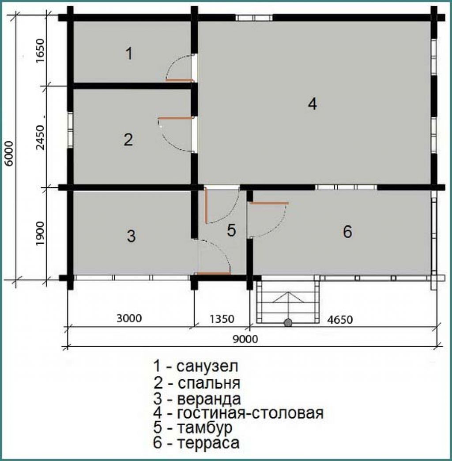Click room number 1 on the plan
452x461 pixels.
(129, 53)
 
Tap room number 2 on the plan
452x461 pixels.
(128, 140)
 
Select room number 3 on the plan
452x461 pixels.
(131, 236)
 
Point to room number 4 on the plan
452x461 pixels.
(312, 104)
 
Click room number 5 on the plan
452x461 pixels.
(231, 230)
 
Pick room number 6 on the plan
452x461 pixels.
(347, 232)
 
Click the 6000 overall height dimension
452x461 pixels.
(9, 153)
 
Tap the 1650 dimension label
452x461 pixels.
(40, 50)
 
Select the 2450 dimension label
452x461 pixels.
(40, 138)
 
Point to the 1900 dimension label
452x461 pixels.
(40, 234)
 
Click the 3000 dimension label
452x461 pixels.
(129, 318)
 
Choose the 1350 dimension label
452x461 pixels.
(222, 319)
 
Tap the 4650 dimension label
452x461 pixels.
(340, 320)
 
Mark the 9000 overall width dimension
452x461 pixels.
(245, 339)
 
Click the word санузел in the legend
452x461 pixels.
(207, 366)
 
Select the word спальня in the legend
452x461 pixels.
(209, 383)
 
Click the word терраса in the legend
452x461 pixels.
(208, 443)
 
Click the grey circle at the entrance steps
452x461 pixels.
(288, 322)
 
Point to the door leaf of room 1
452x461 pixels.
(180, 79)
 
